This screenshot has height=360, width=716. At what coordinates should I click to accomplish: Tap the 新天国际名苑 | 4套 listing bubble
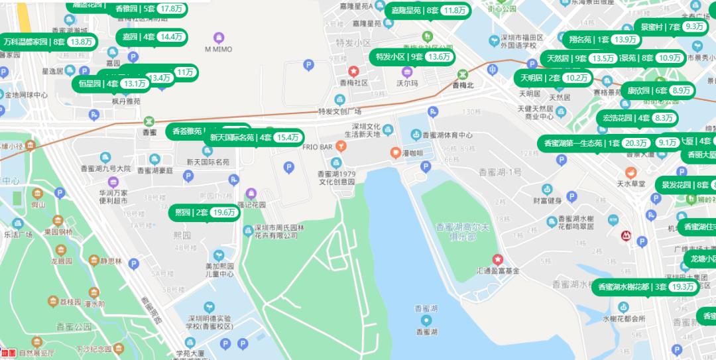click(x=254, y=138)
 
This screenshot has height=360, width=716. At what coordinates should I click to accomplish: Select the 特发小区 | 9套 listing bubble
click(x=412, y=57)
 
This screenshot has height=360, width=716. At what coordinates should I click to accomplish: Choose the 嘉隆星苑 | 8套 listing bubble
click(x=428, y=11)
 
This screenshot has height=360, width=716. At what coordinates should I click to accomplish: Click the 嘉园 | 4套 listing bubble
click(x=152, y=37)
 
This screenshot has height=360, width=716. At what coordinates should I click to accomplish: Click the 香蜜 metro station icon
click(x=150, y=121)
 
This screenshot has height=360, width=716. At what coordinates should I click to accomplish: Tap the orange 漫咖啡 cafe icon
click(x=395, y=152)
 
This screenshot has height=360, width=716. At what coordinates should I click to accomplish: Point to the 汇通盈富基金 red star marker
click(x=497, y=259)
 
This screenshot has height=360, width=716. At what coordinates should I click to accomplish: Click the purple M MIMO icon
click(x=219, y=37)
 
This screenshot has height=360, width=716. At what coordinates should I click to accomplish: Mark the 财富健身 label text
click(x=548, y=200)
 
